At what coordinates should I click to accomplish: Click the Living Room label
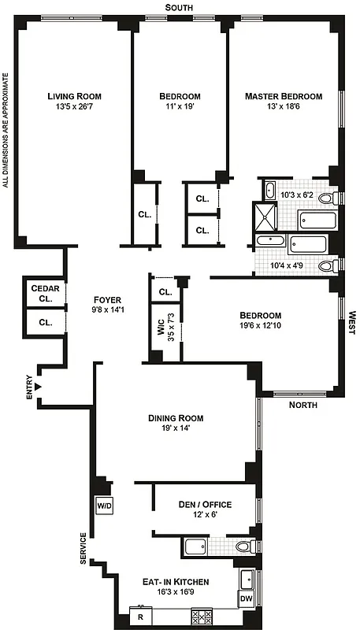pos(74,96)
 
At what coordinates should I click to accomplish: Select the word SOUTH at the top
pos(180,7)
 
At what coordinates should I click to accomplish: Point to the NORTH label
pos(303,406)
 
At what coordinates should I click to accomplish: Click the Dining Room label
pos(176,418)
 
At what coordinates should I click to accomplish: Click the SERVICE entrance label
pos(83,548)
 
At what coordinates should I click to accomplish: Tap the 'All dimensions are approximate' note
pos(6,130)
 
